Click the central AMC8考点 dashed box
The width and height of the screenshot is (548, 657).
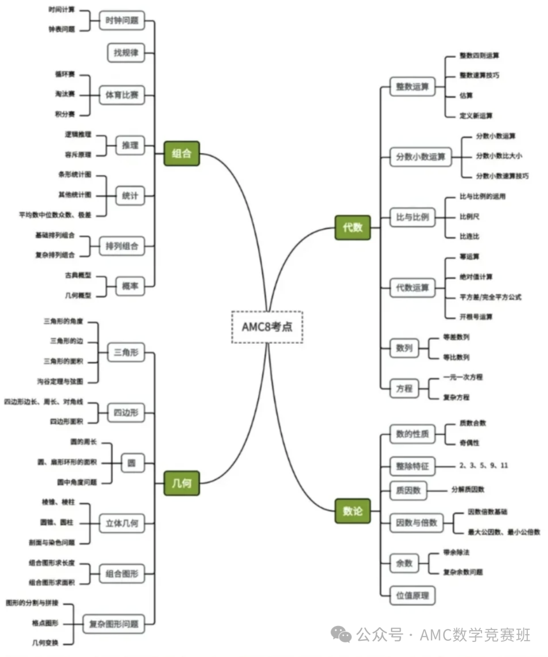pyautogui.click(x=267, y=327)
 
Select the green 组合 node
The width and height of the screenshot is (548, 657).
pyautogui.click(x=182, y=153)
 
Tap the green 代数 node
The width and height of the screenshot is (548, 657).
pyautogui.click(x=353, y=227)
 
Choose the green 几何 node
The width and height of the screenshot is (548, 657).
pyautogui.click(x=182, y=482)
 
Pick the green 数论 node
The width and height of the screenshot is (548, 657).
pyautogui.click(x=353, y=510)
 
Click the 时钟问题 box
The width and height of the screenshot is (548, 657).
pyautogui.click(x=122, y=21)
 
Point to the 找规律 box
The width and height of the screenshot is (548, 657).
pyautogui.click(x=126, y=53)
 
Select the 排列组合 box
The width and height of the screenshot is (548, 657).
pyautogui.click(x=122, y=246)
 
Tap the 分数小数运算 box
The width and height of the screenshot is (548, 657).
pyautogui.click(x=420, y=157)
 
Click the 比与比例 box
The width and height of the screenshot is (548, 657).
pyautogui.click(x=412, y=217)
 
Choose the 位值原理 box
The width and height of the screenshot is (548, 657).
pyautogui.click(x=412, y=595)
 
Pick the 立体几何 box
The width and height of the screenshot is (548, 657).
pyautogui.click(x=122, y=523)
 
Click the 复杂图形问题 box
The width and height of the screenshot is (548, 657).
pyautogui.click(x=114, y=624)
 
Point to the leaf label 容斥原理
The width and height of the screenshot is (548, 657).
pyautogui.click(x=78, y=155)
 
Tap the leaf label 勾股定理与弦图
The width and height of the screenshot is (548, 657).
pyautogui.click(x=60, y=381)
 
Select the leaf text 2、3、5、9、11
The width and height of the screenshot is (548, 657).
pyautogui.click(x=484, y=465)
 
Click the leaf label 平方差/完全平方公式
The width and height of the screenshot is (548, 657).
pyautogui.click(x=490, y=297)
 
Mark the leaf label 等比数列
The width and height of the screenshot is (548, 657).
pyautogui.click(x=456, y=357)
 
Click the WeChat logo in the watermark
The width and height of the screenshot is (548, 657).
pyautogui.click(x=341, y=634)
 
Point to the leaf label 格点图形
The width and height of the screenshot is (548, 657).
pyautogui.click(x=45, y=623)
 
